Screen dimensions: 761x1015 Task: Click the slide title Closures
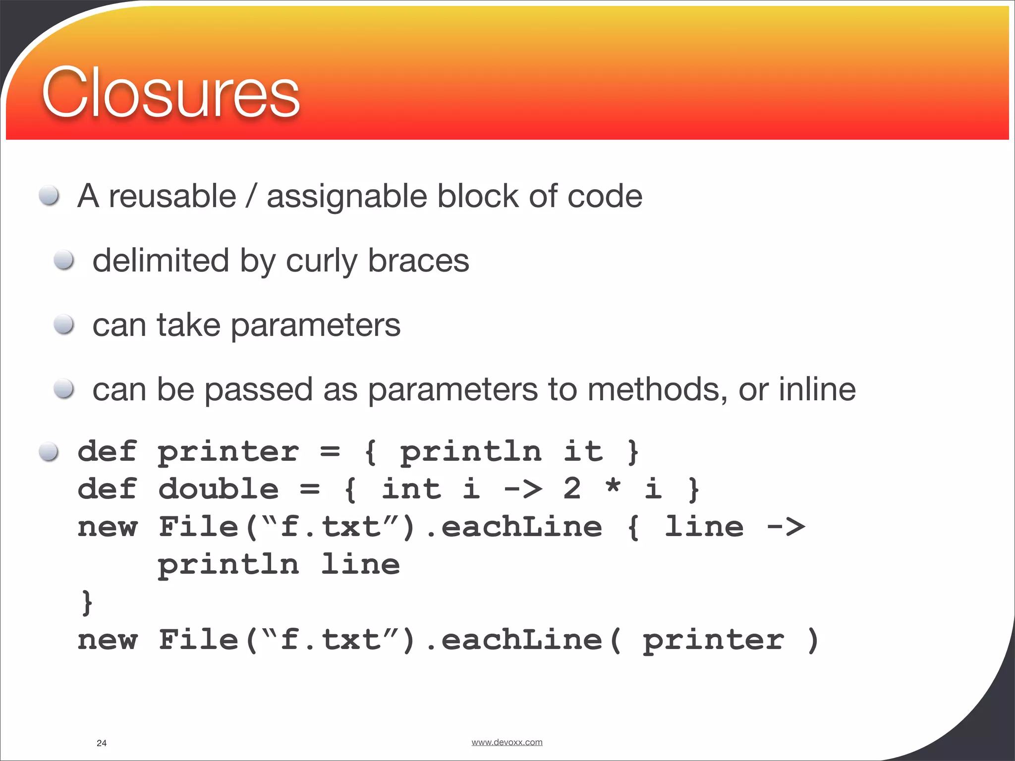(x=170, y=93)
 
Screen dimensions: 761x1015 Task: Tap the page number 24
(x=102, y=743)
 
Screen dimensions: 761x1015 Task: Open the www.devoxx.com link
(x=507, y=742)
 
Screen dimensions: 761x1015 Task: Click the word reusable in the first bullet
(x=172, y=196)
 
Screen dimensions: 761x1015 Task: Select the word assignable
(x=346, y=197)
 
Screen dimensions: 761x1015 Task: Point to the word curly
(x=321, y=262)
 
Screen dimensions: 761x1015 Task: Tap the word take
(x=188, y=326)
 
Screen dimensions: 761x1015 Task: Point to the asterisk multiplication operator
(x=613, y=487)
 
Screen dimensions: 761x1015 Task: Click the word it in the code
(x=583, y=451)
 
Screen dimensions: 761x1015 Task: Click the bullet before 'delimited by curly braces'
(x=64, y=260)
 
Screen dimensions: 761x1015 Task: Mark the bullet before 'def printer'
(x=49, y=451)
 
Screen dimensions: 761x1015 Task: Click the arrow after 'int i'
(x=523, y=489)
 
